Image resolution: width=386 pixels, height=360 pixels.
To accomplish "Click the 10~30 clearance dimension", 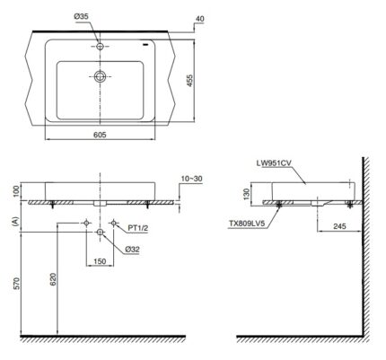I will [x=191, y=179].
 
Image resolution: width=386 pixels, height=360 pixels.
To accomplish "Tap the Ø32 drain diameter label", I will [x=133, y=249].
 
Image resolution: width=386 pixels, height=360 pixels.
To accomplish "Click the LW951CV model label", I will [x=276, y=163].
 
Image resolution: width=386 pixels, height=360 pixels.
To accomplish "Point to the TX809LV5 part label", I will [x=252, y=226].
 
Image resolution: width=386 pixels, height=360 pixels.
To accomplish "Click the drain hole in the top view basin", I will [x=99, y=77].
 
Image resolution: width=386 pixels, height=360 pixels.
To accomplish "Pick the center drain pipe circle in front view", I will [x=99, y=233].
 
